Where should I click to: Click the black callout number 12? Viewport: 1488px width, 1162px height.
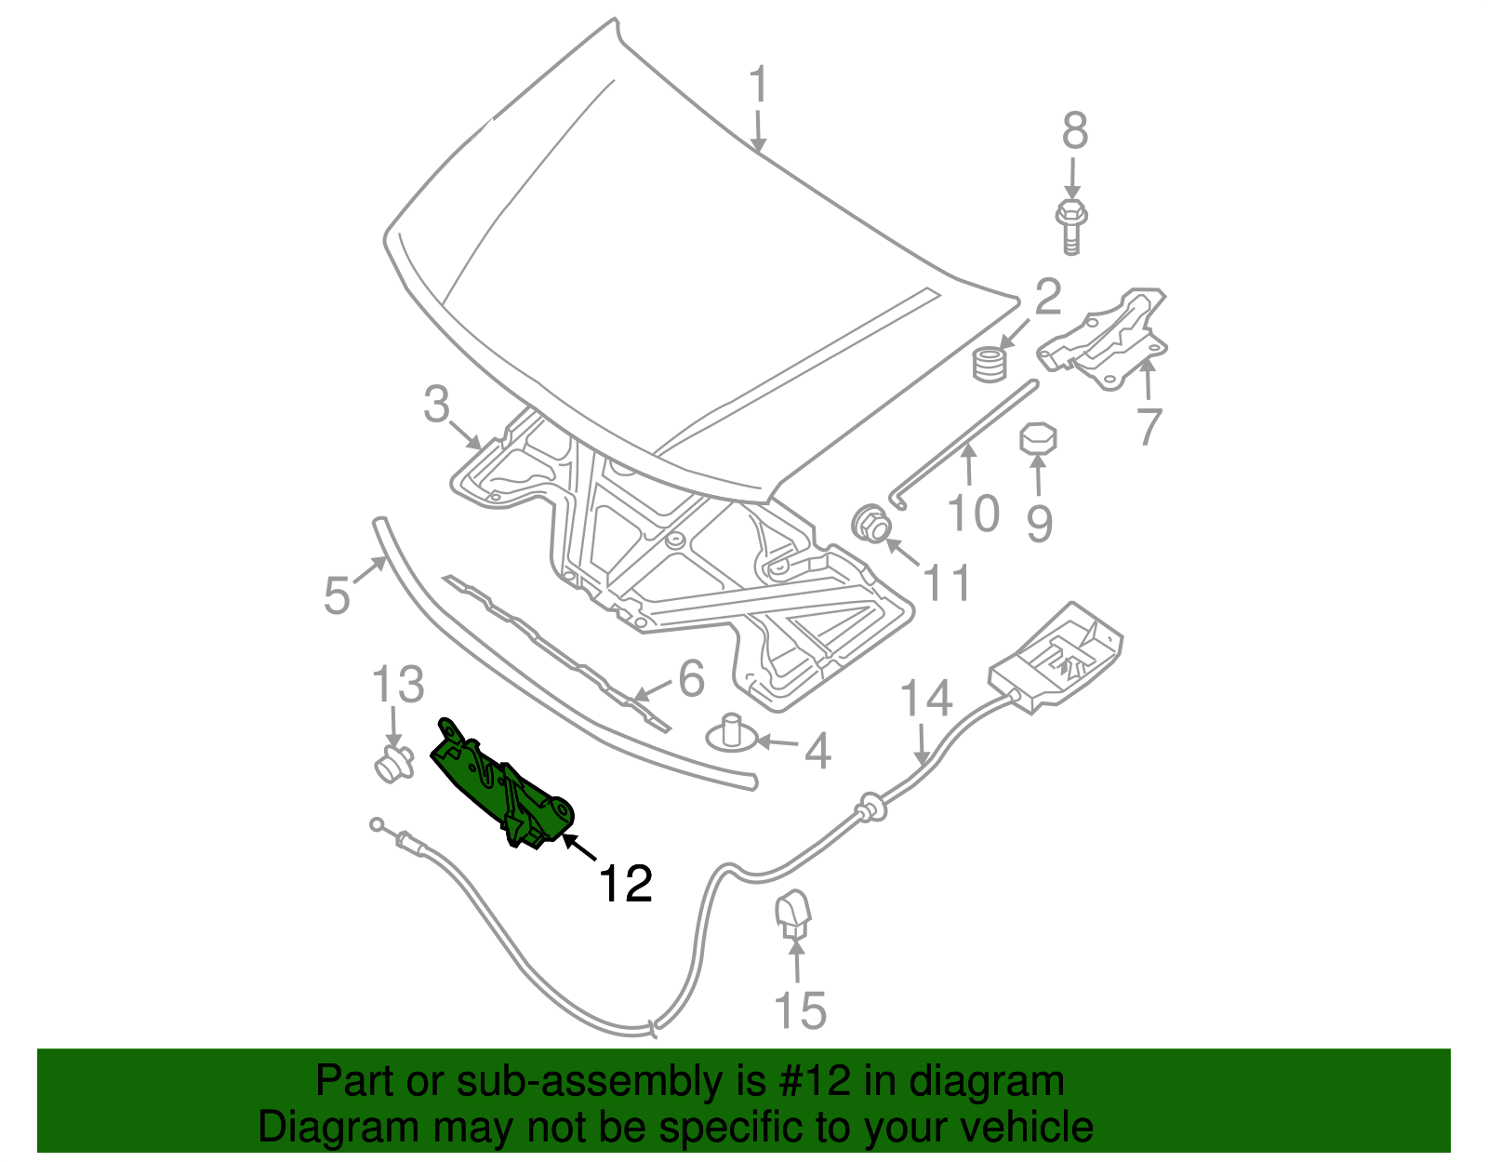[x=625, y=883]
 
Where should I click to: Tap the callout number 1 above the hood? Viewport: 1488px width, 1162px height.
[x=760, y=86]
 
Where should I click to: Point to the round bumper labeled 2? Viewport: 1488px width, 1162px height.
[x=990, y=362]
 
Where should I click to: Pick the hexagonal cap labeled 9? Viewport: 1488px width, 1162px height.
[x=1039, y=438]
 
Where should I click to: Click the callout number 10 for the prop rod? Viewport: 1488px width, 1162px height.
[x=974, y=514]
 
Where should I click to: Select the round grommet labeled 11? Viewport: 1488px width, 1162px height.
[x=871, y=524]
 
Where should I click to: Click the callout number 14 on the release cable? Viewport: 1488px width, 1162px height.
[x=926, y=698]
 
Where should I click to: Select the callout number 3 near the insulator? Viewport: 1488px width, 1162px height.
[x=436, y=406]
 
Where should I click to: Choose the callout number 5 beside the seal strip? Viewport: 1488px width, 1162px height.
[x=337, y=594]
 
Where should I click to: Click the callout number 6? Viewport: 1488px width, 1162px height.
[x=691, y=678]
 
